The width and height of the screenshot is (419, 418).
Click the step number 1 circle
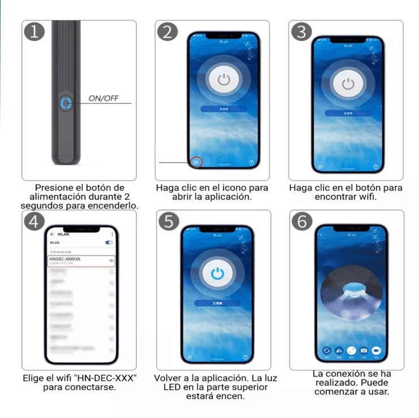(34, 32)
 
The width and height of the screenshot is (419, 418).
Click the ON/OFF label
(103, 98)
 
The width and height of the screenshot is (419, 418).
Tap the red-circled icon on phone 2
(196, 162)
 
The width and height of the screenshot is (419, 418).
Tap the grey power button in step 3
(348, 84)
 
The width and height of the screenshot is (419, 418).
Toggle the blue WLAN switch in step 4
(109, 242)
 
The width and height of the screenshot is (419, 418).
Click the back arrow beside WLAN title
(52, 233)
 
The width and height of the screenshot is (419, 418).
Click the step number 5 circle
(168, 221)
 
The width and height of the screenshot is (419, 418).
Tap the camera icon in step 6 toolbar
(364, 351)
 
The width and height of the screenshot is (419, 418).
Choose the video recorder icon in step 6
(376, 351)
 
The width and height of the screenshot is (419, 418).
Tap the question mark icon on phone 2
(250, 162)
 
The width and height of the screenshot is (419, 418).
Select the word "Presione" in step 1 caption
(54, 188)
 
